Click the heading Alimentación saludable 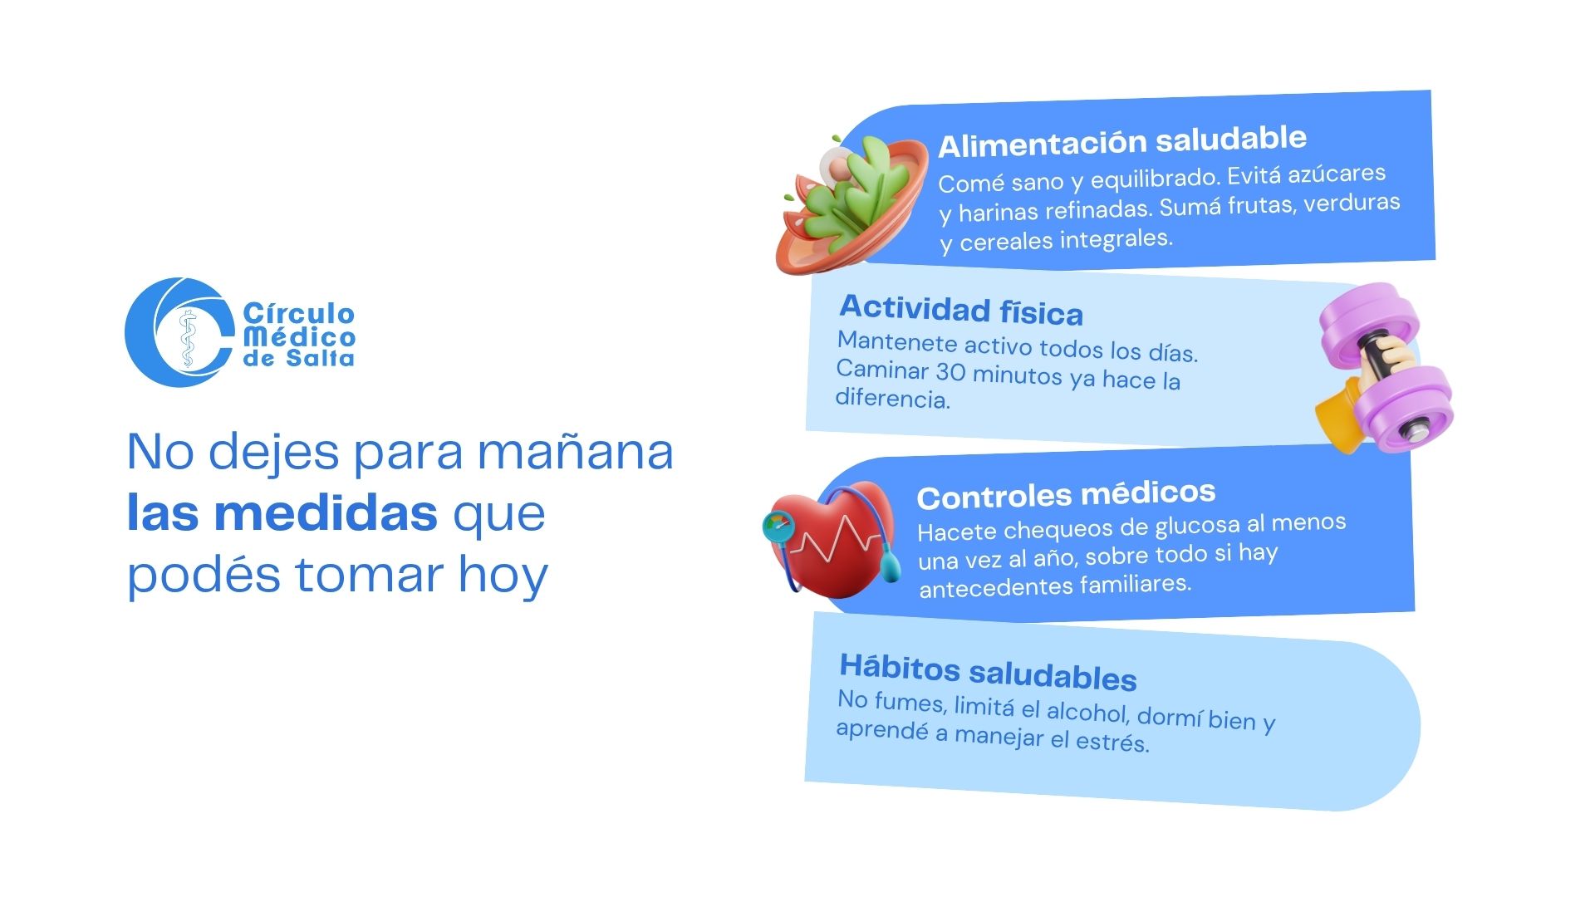click(x=1122, y=142)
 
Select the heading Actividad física click(x=961, y=311)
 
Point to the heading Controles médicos click(x=1066, y=496)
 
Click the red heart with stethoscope click(x=831, y=540)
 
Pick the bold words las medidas click(x=282, y=512)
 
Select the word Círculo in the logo click(x=299, y=313)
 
